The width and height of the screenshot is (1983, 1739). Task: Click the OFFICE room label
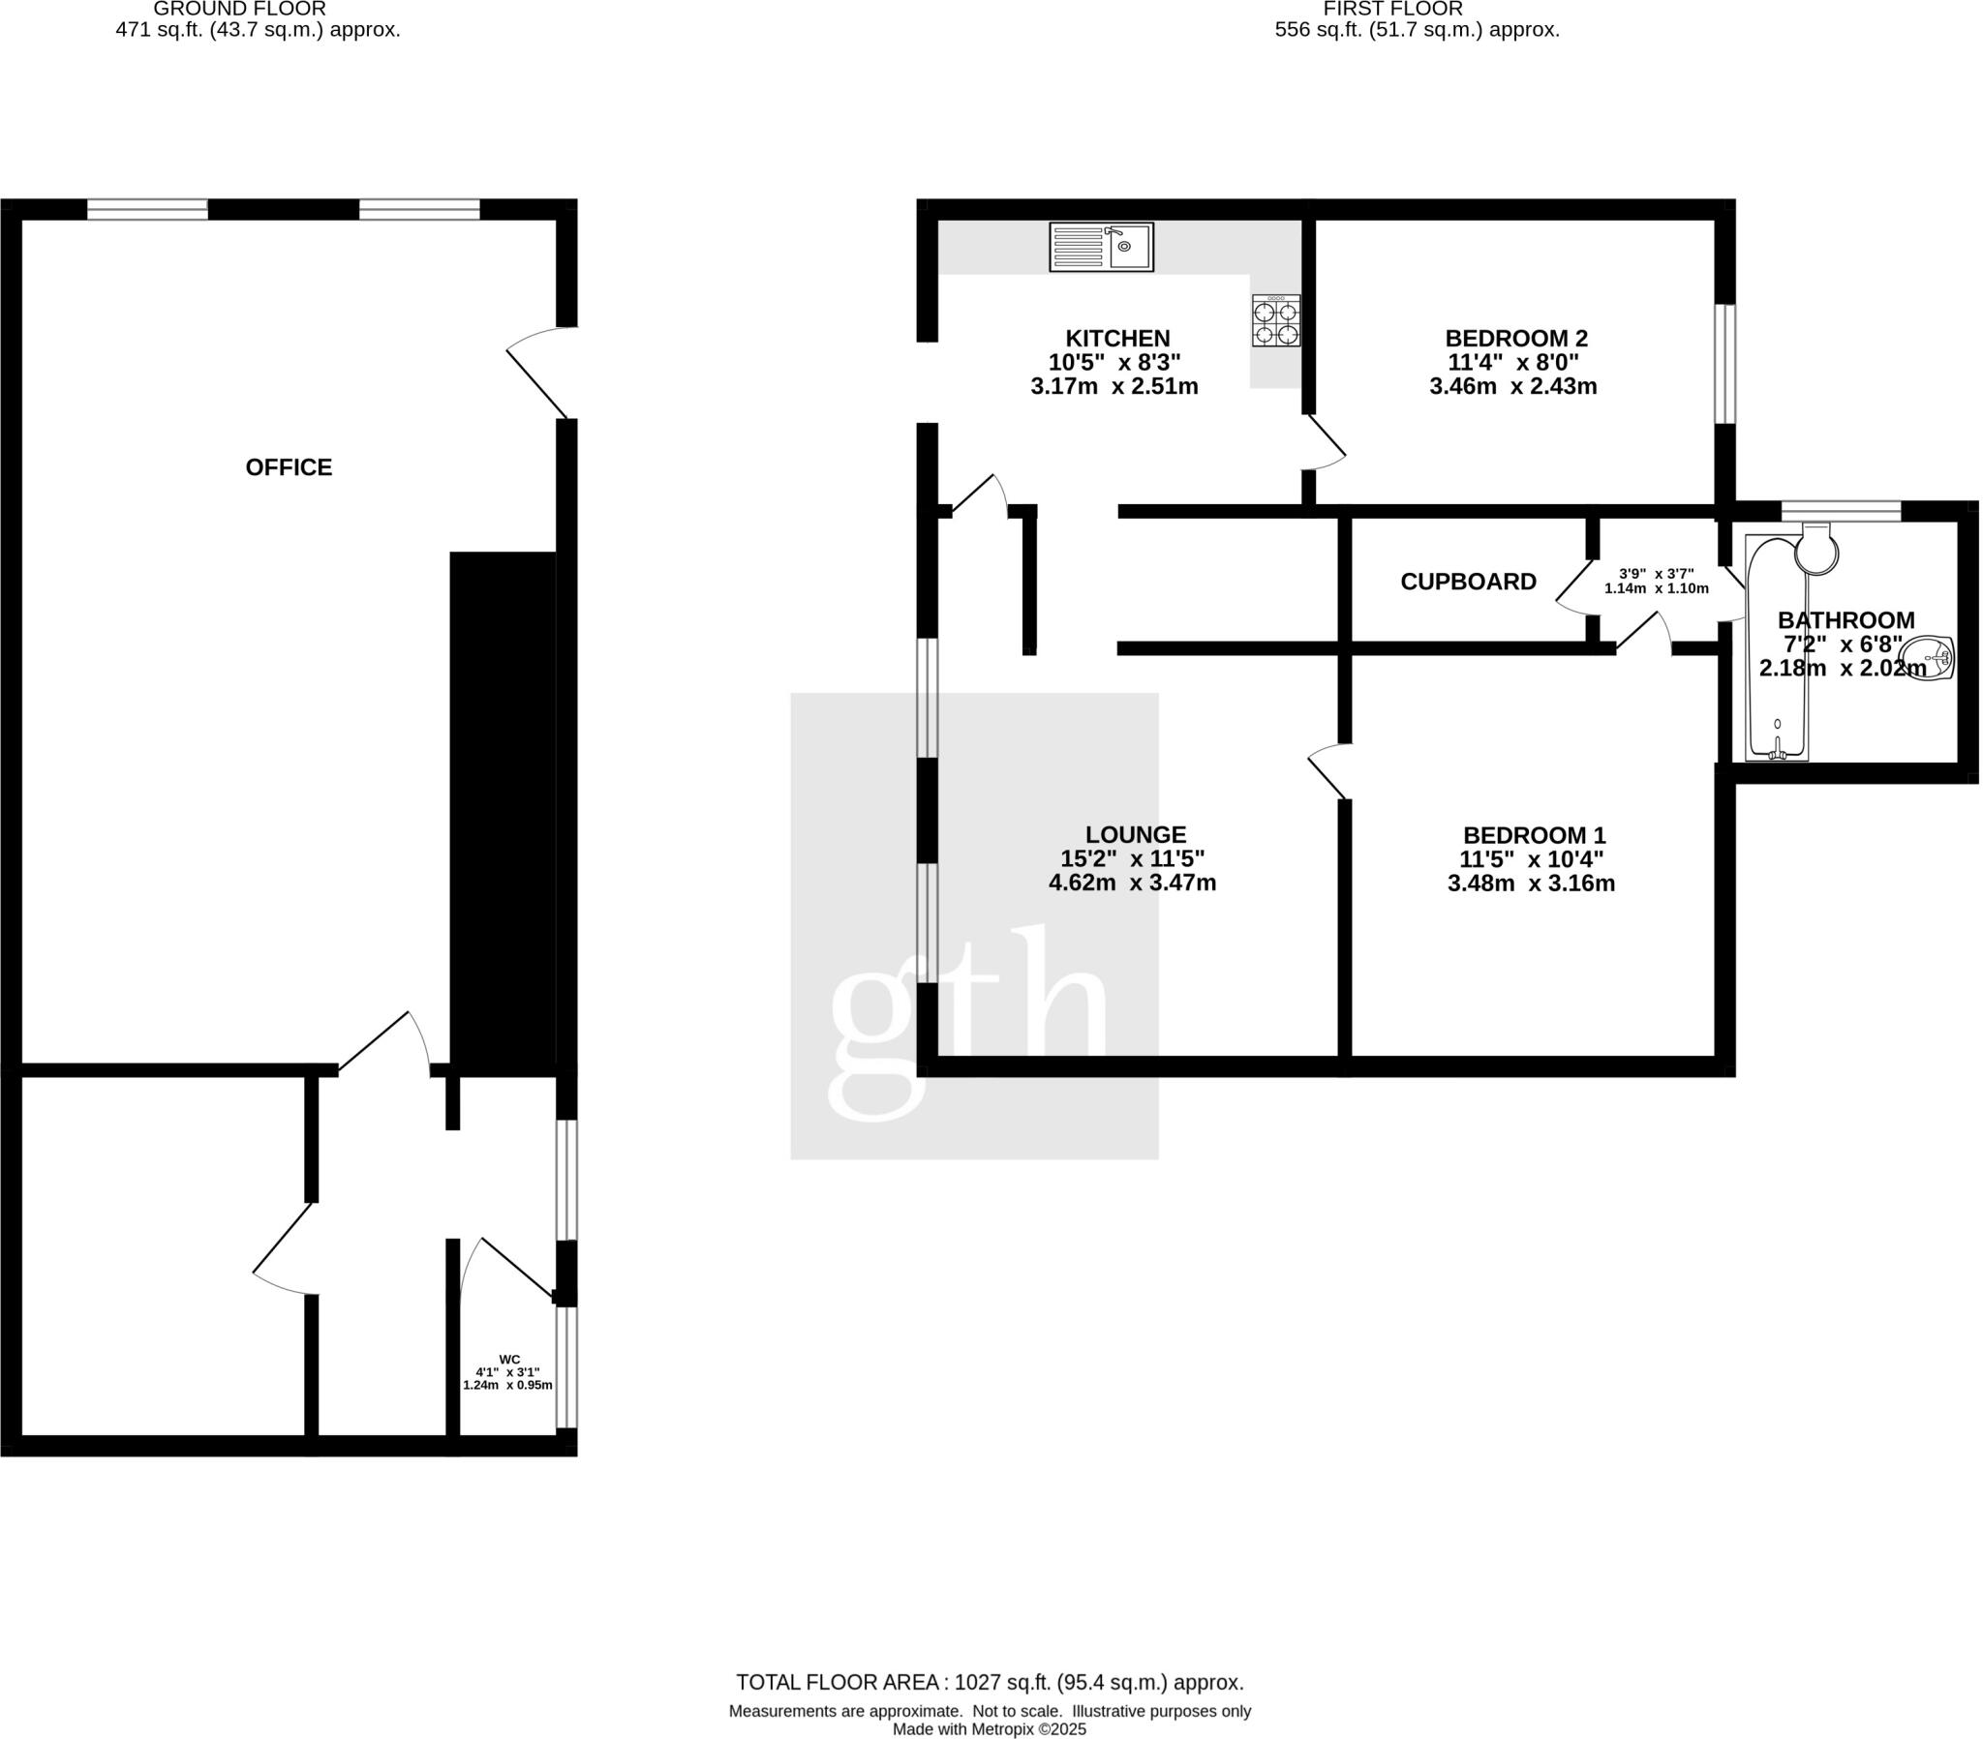tap(289, 467)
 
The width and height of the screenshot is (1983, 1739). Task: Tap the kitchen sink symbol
tap(1100, 247)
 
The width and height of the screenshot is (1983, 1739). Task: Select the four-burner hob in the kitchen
tap(1275, 321)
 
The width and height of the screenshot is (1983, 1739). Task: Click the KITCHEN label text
tap(1116, 339)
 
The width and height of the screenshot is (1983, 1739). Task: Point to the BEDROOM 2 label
tap(1515, 339)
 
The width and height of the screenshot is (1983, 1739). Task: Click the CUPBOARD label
tap(1467, 582)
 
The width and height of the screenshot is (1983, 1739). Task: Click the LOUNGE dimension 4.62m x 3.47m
tap(1131, 884)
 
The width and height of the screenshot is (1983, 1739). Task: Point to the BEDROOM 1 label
tap(1534, 835)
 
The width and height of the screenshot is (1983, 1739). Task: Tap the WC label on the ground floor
tap(509, 1359)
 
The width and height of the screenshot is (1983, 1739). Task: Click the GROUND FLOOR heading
tap(239, 9)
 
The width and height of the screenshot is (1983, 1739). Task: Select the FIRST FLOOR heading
tap(1392, 9)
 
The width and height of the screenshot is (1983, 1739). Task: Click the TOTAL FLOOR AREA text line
tap(989, 1683)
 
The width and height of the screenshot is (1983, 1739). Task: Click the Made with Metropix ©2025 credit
tap(989, 1729)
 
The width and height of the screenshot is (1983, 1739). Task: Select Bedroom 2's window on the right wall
tap(1724, 365)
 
